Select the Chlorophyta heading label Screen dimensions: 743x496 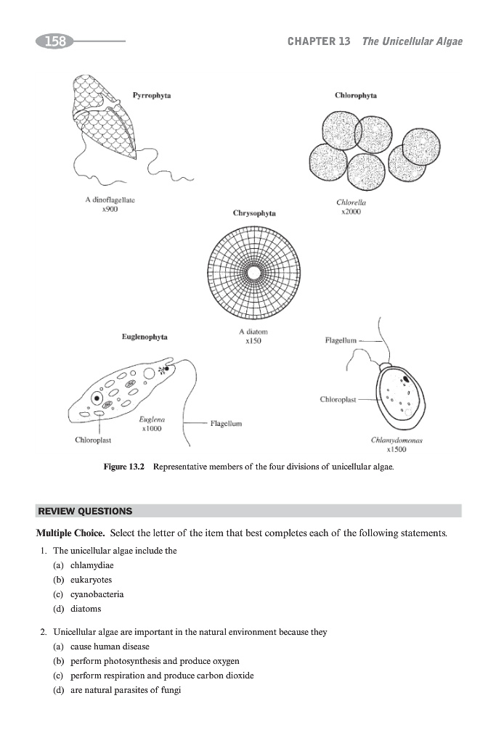[x=356, y=95]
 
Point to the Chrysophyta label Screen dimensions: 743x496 [x=254, y=213]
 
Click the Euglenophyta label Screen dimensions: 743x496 [x=145, y=337]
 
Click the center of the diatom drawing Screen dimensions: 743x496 [x=253, y=272]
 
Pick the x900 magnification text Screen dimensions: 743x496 [x=110, y=208]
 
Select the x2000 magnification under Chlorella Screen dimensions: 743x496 [x=351, y=212]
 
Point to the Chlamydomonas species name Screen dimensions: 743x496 [x=397, y=440]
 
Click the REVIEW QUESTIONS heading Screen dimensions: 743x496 [x=85, y=511]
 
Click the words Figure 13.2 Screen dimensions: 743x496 [x=126, y=469]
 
